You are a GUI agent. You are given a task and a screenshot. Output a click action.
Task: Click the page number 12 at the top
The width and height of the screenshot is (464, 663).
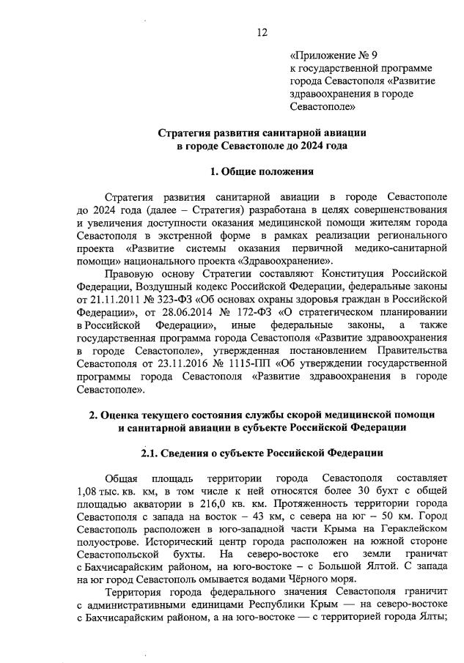pyautogui.click(x=262, y=32)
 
